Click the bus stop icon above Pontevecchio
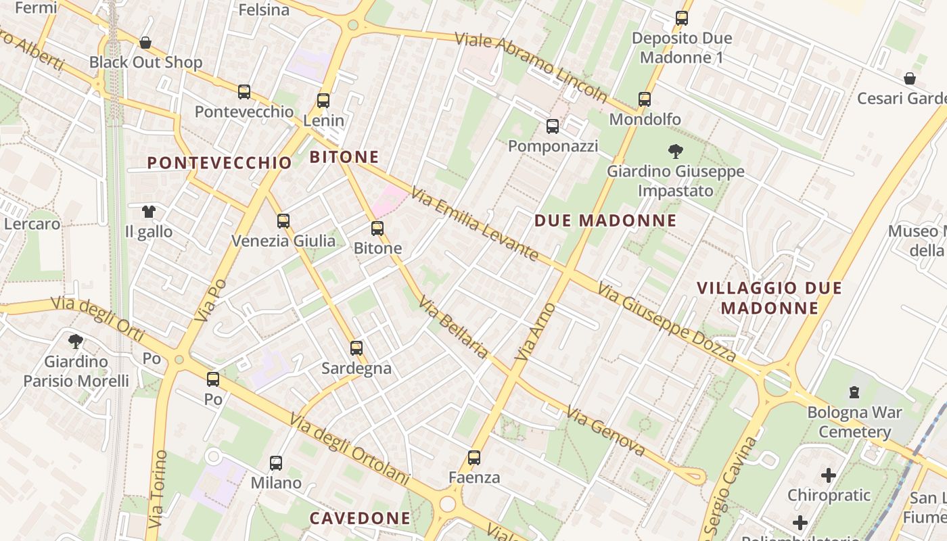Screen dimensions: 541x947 [x=244, y=92]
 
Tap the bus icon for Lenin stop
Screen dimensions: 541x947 [x=323, y=101]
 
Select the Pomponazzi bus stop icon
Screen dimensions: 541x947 [x=553, y=126]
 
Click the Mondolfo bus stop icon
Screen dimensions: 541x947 [x=645, y=99]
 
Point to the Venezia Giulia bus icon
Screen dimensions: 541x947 [x=283, y=220]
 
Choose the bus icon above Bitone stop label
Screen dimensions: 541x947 [x=377, y=229]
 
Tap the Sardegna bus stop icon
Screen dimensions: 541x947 [x=356, y=348]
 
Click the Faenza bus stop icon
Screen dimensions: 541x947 [x=474, y=458]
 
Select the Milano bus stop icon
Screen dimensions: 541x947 [x=276, y=463]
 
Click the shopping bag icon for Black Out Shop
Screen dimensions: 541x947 [x=145, y=43]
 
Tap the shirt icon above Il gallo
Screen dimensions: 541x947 [x=149, y=212]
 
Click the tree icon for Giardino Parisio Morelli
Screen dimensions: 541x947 [x=76, y=342]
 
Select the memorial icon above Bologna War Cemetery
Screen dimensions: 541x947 [x=854, y=392]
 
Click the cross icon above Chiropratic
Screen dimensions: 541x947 [x=829, y=475]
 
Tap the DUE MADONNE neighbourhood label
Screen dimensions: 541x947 [x=605, y=220]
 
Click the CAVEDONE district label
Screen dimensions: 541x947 [x=360, y=519]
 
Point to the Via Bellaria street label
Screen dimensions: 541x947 [x=453, y=328]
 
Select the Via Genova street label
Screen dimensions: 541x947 [x=605, y=431]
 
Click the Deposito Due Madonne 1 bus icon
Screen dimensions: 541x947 [x=682, y=18]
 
